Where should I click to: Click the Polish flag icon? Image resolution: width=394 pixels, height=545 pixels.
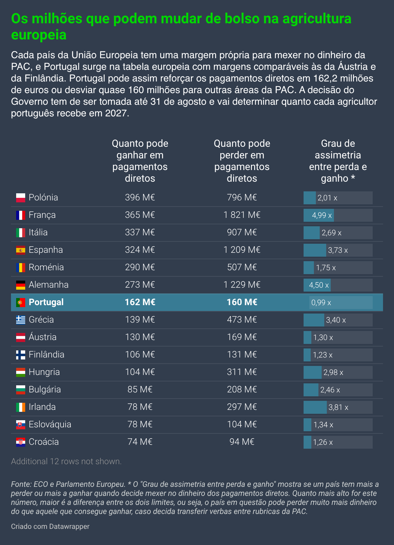coord(21,198)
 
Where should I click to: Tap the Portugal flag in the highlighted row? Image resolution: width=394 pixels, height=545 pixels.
coord(21,302)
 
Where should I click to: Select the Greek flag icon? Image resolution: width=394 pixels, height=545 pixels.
coord(21,320)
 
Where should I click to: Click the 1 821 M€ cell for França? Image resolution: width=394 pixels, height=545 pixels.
coord(242,215)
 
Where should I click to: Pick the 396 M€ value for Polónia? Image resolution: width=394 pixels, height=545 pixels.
coord(140,197)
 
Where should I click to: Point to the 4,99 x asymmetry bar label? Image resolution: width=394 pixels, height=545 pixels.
coord(322,215)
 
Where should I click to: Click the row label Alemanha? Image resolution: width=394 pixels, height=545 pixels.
coord(49,285)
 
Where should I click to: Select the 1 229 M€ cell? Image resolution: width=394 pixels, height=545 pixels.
coord(242,285)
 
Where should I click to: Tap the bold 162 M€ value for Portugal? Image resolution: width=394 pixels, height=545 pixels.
coord(140,302)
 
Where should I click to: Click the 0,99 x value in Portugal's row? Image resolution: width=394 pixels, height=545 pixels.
coord(321,303)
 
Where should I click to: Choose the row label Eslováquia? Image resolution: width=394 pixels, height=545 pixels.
coord(50,424)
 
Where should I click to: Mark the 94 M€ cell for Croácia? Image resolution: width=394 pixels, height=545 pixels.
coord(242,442)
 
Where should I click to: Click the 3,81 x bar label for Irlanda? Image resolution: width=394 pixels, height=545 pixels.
coord(338,407)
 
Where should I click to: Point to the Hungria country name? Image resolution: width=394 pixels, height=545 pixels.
coord(44,372)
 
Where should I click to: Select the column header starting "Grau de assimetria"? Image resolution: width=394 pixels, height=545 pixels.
coord(338,161)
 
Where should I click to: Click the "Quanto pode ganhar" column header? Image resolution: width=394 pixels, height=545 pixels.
coord(140,161)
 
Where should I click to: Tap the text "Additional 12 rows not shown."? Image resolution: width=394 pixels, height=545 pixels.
coord(66,461)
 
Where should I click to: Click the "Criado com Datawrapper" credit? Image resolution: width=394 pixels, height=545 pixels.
coord(50,526)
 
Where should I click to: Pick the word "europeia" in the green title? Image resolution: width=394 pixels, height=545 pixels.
coord(39,35)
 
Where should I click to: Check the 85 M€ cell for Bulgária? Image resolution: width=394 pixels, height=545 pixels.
coord(140,390)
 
